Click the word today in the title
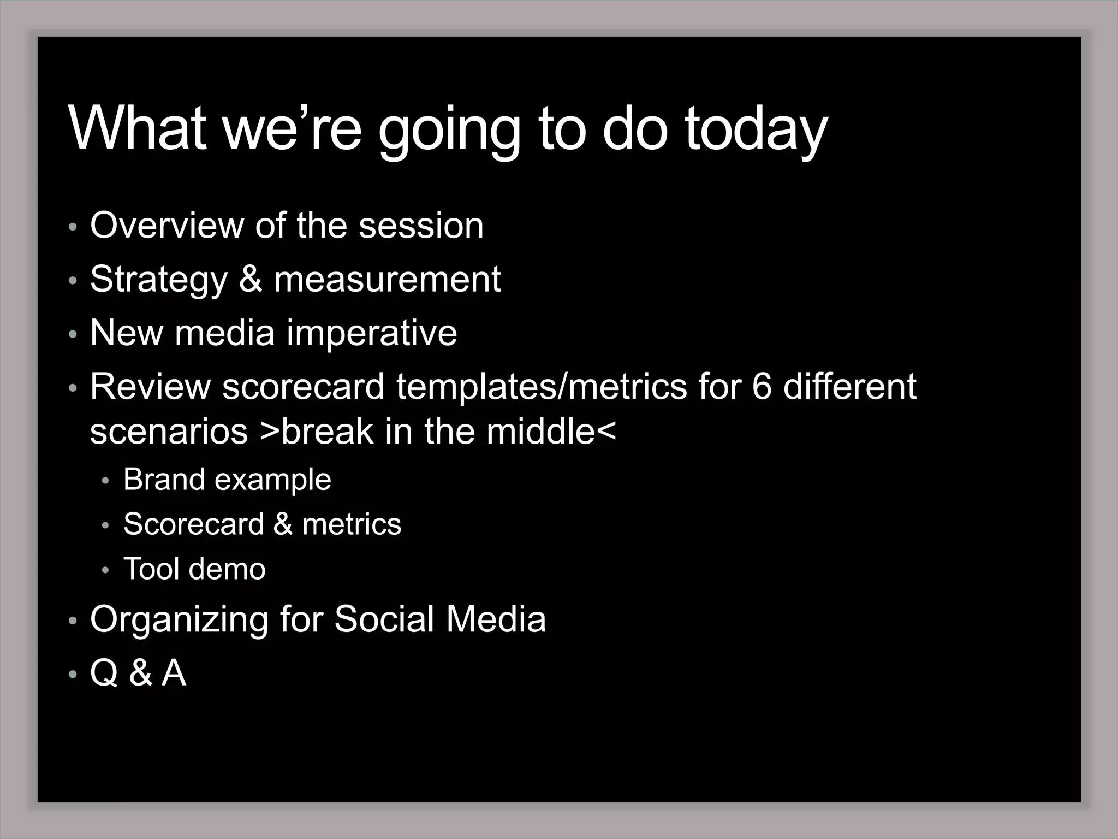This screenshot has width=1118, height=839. point(756,130)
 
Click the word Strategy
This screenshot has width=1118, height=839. point(158,280)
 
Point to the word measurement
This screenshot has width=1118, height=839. point(387,279)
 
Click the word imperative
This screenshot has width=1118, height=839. point(372,333)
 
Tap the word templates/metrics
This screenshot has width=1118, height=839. point(542,386)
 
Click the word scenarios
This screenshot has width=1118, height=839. point(169,432)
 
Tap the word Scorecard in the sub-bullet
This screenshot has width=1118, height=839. point(194,524)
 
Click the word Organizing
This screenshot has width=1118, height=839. point(179,619)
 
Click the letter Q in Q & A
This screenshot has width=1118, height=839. point(104,672)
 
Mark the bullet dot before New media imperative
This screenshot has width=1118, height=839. point(73,334)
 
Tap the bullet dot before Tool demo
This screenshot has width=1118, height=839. point(105,570)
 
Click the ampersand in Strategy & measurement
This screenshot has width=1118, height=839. point(251,279)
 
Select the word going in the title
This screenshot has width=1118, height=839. point(449,130)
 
